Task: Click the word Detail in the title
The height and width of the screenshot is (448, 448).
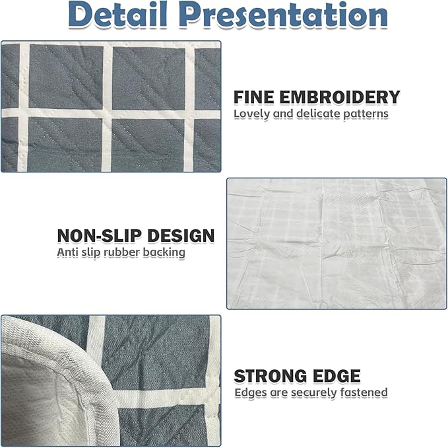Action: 117,15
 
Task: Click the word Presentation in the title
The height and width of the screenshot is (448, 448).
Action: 284,15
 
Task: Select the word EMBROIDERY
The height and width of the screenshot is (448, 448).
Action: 340,97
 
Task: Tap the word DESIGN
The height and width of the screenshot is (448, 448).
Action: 181,236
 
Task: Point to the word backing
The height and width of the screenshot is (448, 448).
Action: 164,253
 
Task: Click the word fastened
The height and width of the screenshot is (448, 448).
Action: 364,392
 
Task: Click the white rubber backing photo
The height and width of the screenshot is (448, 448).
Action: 336,244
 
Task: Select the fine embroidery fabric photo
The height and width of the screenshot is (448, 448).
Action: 111,106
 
